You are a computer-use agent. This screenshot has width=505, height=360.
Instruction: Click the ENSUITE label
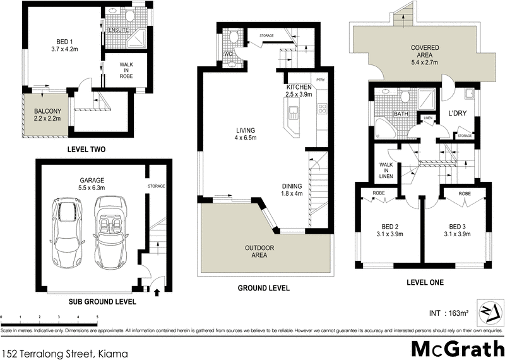pos(119,30)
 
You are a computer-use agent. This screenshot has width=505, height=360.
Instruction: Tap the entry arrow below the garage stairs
pos(157,291)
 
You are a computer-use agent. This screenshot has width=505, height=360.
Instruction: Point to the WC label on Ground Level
pos(229,54)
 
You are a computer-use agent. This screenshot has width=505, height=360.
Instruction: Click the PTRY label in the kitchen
pos(321,80)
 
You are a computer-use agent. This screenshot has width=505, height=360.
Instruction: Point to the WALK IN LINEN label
pos(386,169)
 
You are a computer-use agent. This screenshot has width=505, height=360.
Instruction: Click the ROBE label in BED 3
pos(465,193)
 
